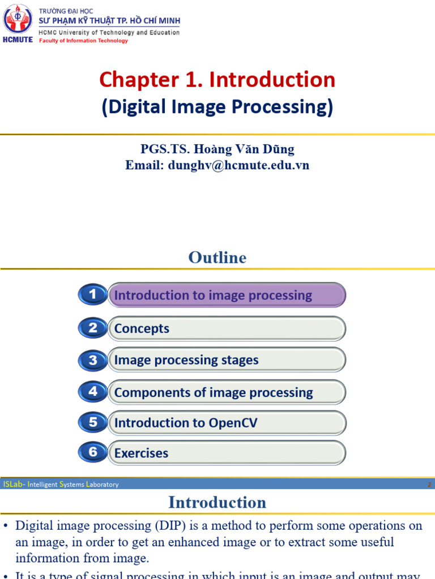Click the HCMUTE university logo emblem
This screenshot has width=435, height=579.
point(18,20)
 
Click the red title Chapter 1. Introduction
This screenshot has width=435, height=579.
point(217,80)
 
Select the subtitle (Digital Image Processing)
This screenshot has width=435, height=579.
point(217,107)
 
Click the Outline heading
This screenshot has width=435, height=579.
point(217,258)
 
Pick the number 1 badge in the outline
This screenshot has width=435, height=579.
point(93,295)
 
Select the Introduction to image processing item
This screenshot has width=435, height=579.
point(213,295)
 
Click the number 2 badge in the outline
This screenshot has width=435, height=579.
point(93,328)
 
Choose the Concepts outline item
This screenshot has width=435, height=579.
point(142,329)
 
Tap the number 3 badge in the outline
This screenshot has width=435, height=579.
point(93,360)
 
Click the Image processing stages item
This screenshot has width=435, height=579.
point(186,360)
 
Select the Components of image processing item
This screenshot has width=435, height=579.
point(214,392)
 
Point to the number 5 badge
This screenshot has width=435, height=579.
point(93,422)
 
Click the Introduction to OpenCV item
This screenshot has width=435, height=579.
point(186,423)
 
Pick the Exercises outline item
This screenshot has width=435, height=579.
point(142,453)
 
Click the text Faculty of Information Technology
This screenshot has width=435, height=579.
point(83,41)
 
